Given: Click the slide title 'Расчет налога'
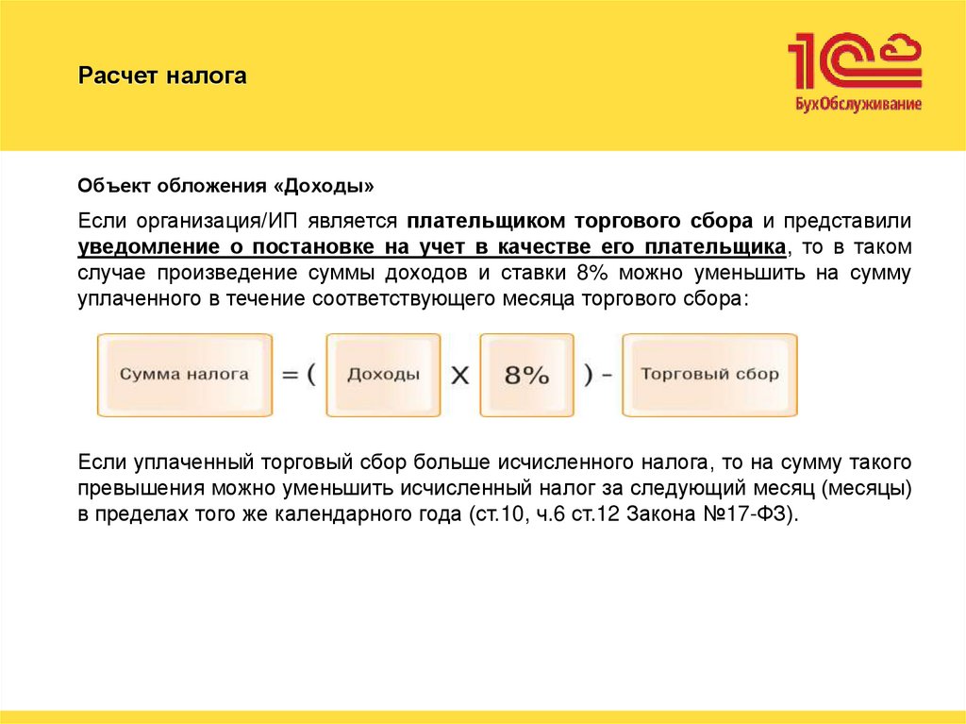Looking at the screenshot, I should [x=161, y=76].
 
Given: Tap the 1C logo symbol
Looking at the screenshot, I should [x=854, y=61].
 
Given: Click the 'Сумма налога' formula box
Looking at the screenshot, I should [x=185, y=374].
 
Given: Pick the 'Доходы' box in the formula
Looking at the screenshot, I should [x=383, y=374].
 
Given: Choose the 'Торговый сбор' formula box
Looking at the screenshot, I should [x=709, y=374].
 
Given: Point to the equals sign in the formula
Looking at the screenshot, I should [x=289, y=375].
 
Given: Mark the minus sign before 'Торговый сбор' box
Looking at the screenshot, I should [x=607, y=375].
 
